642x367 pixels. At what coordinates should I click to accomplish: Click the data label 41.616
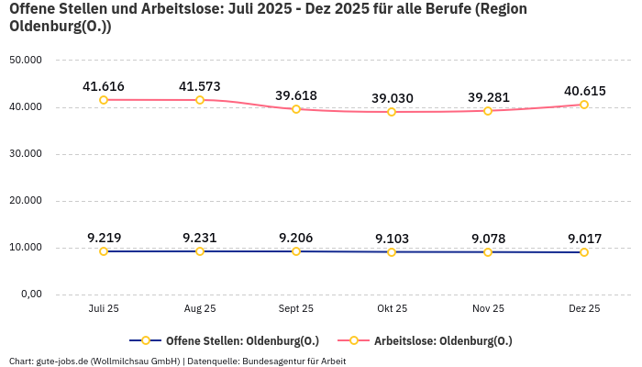point(104,87)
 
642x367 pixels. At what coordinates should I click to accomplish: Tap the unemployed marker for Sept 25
point(296,109)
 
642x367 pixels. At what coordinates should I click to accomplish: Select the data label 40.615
point(584,91)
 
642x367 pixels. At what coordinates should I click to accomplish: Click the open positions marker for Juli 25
point(104,251)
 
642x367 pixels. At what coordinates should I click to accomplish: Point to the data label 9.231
point(200,238)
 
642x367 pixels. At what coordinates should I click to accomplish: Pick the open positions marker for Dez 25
point(584,252)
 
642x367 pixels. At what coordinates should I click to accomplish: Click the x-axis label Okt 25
point(392,309)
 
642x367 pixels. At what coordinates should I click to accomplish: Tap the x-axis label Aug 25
point(200,309)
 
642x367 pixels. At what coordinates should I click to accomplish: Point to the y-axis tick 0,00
point(30,295)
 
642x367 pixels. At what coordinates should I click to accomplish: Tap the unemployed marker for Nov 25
point(488,111)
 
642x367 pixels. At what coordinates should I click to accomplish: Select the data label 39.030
point(392,98)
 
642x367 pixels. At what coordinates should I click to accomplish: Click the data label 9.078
point(488,239)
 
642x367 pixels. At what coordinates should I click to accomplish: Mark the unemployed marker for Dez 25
point(584,105)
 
